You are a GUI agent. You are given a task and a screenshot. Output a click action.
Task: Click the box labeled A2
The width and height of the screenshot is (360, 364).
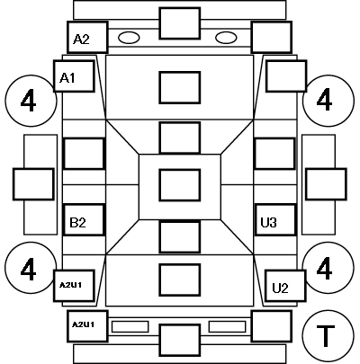(87, 38)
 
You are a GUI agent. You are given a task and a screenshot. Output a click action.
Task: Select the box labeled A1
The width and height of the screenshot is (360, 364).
(74, 76)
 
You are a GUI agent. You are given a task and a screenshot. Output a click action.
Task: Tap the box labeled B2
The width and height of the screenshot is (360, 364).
(84, 220)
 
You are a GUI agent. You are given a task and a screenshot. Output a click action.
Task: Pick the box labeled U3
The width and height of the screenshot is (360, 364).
(275, 220)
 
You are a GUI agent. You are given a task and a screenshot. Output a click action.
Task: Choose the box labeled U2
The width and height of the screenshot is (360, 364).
(285, 286)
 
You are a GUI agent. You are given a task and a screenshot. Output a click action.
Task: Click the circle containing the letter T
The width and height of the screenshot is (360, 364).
(328, 335)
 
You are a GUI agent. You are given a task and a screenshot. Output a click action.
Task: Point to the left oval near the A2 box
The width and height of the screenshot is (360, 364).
(129, 38)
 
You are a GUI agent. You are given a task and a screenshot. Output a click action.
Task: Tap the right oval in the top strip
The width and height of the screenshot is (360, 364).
(226, 38)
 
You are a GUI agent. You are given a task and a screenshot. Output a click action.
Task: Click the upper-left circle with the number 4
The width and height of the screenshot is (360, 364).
(31, 101)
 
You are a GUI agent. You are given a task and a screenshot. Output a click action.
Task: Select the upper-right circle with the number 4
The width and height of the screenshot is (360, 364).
(328, 101)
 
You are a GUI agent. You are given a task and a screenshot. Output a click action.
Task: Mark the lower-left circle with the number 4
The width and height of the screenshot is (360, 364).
(31, 268)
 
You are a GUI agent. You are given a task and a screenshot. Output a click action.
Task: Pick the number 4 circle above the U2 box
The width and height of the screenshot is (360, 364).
(328, 268)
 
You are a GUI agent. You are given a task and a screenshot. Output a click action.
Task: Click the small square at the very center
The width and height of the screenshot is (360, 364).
(180, 185)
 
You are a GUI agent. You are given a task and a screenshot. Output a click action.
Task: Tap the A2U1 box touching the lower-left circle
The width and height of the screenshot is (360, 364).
(74, 286)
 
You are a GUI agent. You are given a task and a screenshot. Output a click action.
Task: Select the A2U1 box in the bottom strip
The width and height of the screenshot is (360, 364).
(87, 326)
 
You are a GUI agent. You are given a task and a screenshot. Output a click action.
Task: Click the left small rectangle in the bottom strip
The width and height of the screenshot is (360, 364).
(130, 326)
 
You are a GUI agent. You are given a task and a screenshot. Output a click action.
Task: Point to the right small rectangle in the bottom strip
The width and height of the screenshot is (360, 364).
(227, 326)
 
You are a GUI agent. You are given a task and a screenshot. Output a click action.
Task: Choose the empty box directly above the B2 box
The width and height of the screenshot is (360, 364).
(84, 154)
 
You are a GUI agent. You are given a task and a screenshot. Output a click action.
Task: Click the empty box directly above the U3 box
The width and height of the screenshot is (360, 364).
(274, 154)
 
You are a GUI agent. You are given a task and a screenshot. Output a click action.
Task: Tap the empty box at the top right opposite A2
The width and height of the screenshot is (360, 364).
(272, 38)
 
